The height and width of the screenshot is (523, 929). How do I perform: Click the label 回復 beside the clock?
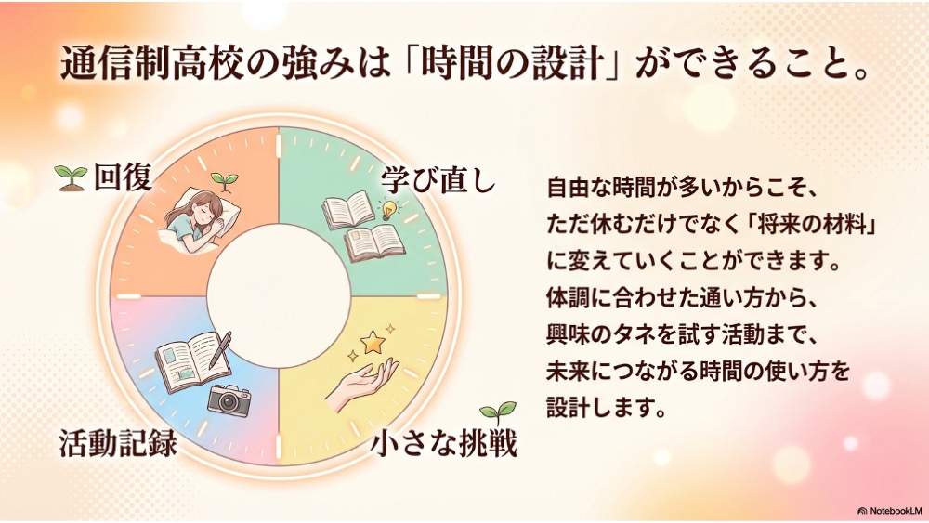(123, 177)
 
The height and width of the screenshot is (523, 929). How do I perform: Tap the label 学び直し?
(438, 179)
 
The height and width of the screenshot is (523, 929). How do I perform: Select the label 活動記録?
(118, 442)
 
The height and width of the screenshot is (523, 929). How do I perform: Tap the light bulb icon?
(388, 210)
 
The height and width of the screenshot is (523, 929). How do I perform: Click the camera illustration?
(229, 399)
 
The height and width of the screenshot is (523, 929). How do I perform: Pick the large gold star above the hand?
(373, 343)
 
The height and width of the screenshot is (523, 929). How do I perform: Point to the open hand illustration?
(362, 384)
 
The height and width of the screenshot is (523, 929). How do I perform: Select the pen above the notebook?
(220, 349)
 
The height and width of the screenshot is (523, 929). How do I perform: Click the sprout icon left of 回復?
(71, 177)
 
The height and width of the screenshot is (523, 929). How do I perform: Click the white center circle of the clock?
(279, 295)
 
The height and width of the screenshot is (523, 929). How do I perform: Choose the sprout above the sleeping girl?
(225, 181)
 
